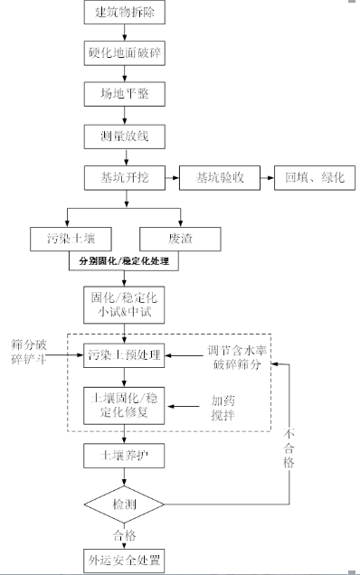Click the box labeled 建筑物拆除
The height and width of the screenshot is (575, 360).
124,13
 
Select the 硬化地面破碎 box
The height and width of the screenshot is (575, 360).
124,52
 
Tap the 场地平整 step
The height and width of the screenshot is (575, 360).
124,94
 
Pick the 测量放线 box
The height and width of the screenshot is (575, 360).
124,136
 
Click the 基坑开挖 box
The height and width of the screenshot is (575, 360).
124,177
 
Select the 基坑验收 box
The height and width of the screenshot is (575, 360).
220,177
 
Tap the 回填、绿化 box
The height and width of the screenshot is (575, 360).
315,177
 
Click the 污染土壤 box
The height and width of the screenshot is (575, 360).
82,239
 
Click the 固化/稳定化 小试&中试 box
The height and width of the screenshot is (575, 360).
124,304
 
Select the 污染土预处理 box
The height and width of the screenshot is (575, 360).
124,355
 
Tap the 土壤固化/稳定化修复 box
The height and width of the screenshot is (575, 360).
124,403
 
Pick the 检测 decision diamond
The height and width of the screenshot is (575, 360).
124,501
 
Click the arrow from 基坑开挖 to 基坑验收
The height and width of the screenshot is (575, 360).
171,177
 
